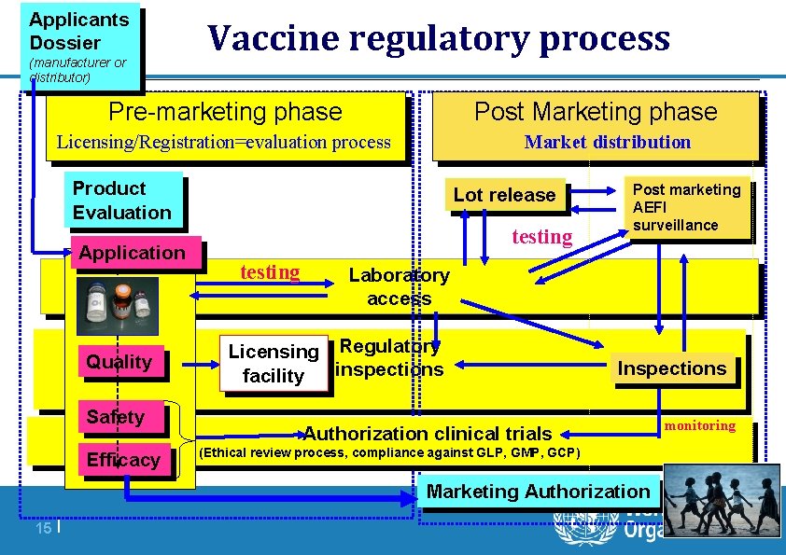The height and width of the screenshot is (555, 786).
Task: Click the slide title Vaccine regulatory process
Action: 439,39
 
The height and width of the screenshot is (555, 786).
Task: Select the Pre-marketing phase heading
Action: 225,113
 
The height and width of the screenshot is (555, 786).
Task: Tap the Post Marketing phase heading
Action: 596,113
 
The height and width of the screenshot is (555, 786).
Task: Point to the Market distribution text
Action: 608,143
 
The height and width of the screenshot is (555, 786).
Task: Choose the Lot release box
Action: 504,195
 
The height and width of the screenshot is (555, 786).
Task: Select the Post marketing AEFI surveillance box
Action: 687,207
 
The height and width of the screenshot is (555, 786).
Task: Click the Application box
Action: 133,253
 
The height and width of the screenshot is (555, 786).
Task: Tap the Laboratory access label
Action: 399,287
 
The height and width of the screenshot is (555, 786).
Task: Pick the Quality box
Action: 119,362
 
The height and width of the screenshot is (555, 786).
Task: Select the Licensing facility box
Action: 274,363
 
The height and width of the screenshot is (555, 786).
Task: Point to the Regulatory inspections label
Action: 389,358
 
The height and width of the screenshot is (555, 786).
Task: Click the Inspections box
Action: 672,368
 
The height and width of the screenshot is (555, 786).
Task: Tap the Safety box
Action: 116,417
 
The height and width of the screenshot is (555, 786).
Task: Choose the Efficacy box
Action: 123,460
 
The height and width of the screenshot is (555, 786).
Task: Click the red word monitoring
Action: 700,425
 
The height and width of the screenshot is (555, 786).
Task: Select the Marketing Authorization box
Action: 538,492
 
